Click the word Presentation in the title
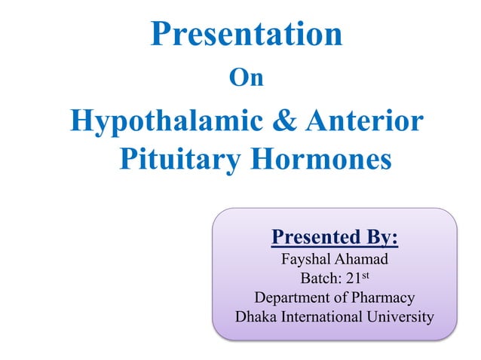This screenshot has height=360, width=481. pos(247,35)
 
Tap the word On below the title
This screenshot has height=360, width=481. pos(246,78)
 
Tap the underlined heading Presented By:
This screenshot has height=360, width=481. pos(334,239)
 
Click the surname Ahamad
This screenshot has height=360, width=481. pos(361,260)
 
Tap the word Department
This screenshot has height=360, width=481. pos(290,298)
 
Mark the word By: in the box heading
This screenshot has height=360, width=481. pos(380,239)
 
